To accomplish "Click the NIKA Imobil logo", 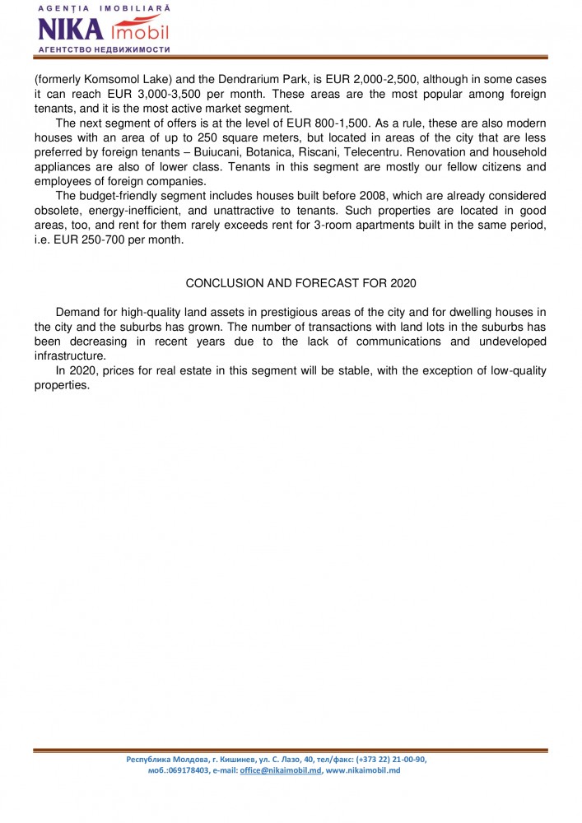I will point(103,30).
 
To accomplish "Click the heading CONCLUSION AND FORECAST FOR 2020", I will point(301,283).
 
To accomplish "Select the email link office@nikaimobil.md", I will point(281,770).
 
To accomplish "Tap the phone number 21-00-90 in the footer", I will point(403,759).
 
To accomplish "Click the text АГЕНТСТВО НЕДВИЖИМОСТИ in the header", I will point(103,49).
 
